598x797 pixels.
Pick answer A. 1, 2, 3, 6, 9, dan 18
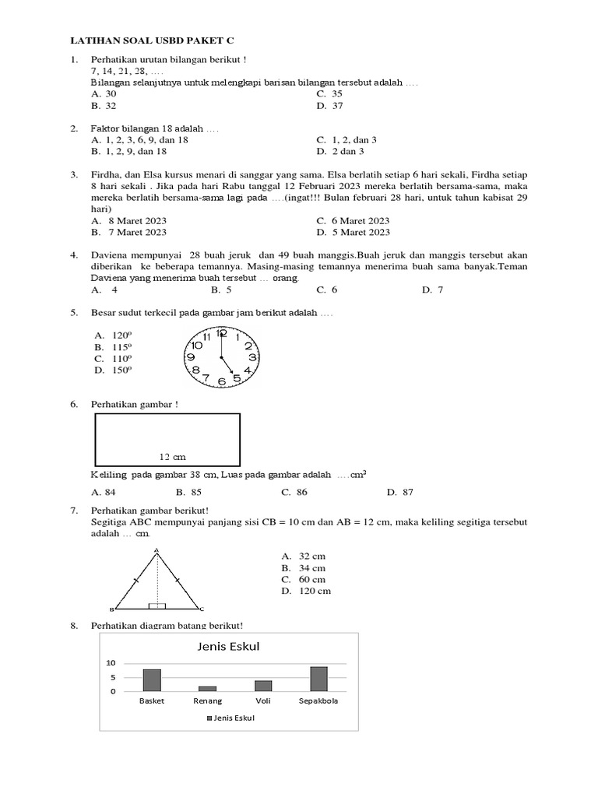pyautogui.click(x=140, y=140)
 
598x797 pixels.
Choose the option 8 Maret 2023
pyautogui.click(x=128, y=221)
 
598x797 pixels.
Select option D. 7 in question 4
pyautogui.click(x=432, y=290)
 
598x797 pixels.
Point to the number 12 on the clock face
pyautogui.click(x=221, y=332)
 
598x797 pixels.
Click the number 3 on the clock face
pyautogui.click(x=252, y=356)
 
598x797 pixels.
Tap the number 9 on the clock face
pyautogui.click(x=191, y=357)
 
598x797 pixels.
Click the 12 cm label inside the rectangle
pyautogui.click(x=172, y=457)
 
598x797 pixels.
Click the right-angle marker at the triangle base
pyautogui.click(x=157, y=605)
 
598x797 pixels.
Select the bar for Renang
pyautogui.click(x=207, y=688)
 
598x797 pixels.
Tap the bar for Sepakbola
pyautogui.click(x=318, y=679)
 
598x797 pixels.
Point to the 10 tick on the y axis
pyautogui.click(x=111, y=663)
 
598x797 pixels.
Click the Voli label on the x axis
pyautogui.click(x=263, y=700)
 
